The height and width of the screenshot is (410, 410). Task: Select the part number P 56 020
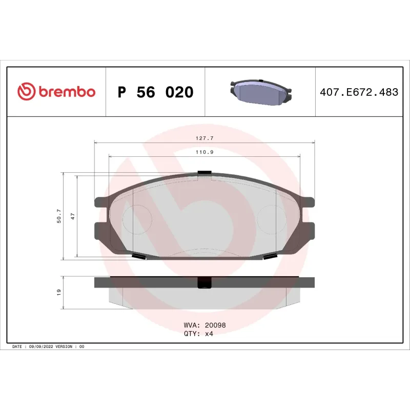pos(155,93)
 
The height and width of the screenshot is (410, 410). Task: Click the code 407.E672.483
pos(359,93)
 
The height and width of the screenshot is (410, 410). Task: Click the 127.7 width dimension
pos(204,137)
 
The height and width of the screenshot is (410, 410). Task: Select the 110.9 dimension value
pos(204,152)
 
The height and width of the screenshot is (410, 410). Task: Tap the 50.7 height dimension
pos(59,216)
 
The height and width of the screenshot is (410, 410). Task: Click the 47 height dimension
pos(73,216)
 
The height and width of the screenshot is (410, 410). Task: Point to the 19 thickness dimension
pos(59,292)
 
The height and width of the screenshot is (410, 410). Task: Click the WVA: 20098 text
pos(204,325)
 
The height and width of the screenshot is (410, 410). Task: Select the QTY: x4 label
pos(198,333)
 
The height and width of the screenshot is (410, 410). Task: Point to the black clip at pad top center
pos(204,173)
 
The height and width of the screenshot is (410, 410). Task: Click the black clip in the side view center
pos(204,283)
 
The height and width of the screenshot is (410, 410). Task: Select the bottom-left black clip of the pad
pos(139,256)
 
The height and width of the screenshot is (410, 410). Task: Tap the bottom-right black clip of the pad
pos(270,256)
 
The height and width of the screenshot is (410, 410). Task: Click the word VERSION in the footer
pos(64,347)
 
